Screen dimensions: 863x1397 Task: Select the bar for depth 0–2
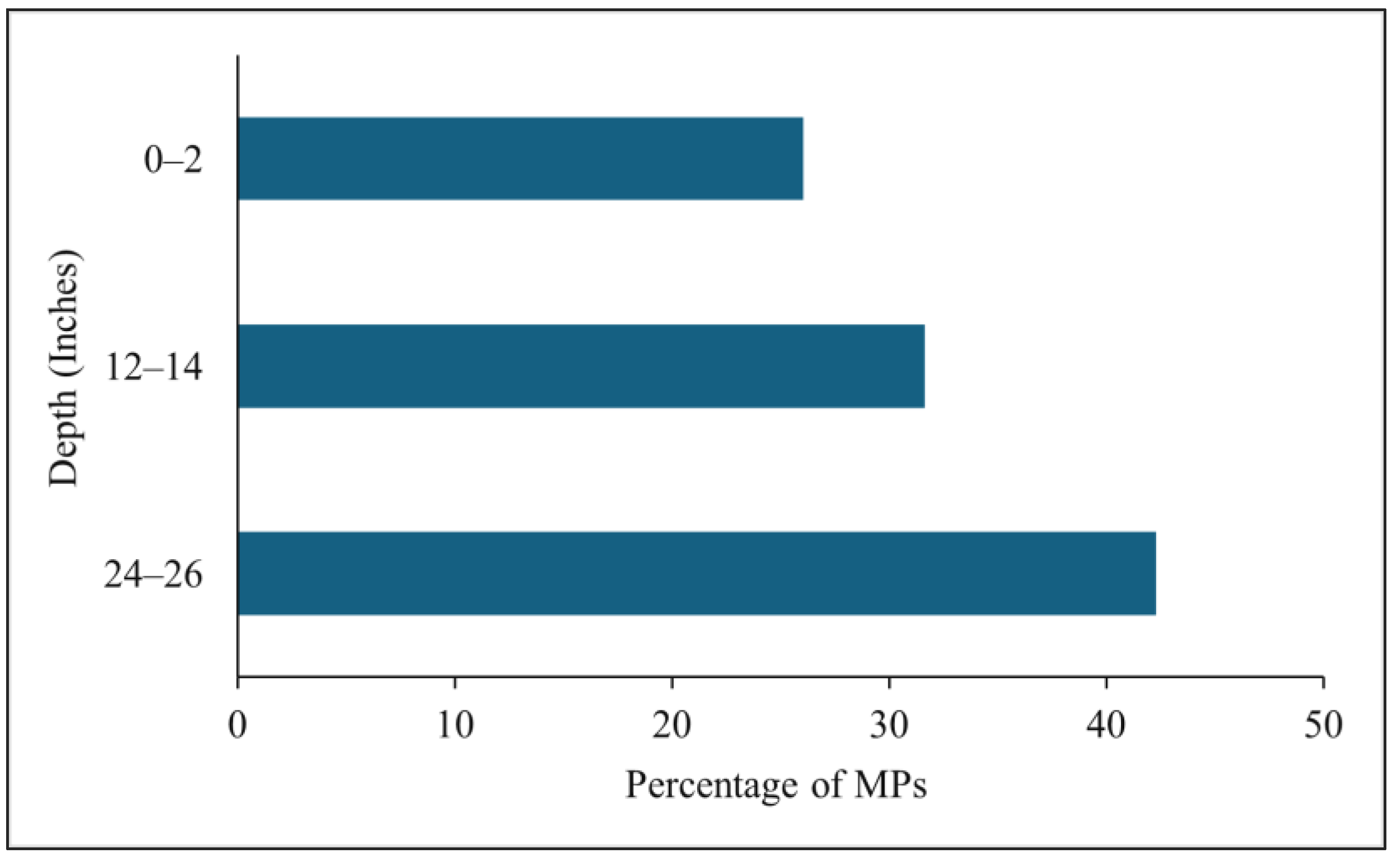[520, 158]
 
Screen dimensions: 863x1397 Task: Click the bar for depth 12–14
[581, 366]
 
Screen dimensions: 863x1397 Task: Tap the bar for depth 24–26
[696, 574]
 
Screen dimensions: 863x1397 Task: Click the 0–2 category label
[173, 161]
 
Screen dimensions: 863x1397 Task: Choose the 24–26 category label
[153, 575]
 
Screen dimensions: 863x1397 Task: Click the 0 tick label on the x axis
[238, 725]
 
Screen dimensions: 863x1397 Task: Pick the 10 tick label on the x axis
[455, 725]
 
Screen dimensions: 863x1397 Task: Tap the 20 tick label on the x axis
[672, 725]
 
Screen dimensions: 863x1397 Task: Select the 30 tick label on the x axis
[889, 725]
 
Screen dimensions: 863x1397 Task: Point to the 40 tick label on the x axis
[1106, 725]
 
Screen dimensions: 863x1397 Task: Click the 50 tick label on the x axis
[1323, 725]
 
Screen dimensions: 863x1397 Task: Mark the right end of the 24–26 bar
[1154, 574]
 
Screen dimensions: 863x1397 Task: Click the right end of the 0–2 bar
[802, 158]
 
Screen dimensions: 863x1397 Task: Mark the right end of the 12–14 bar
[923, 366]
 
